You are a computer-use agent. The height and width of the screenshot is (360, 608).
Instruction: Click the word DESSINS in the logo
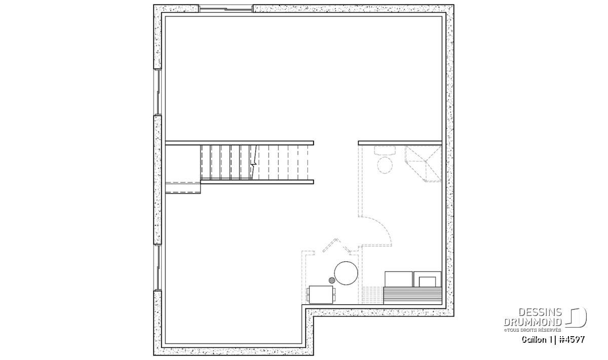(x=540, y=312)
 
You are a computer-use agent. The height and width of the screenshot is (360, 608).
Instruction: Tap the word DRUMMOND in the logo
(x=533, y=322)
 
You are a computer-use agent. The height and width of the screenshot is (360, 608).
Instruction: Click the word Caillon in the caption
(x=532, y=340)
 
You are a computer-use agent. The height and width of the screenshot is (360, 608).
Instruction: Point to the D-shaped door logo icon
(x=576, y=317)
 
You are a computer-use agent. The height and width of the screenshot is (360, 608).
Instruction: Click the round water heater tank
(x=346, y=273)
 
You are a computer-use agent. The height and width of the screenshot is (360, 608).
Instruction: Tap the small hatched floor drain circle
(x=332, y=280)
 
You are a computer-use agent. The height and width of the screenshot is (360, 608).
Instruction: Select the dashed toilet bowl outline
(x=385, y=165)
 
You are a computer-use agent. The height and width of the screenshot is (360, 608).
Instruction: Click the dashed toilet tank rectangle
(x=385, y=150)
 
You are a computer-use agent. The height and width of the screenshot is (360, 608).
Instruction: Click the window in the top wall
(x=226, y=9)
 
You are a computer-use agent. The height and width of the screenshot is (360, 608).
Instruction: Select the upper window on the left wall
(x=158, y=92)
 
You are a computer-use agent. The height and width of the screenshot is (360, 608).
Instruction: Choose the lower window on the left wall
(x=158, y=267)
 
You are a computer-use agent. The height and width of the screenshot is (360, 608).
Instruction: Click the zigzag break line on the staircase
(x=253, y=162)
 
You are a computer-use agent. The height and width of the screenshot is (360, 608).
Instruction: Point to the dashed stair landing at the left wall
(x=183, y=187)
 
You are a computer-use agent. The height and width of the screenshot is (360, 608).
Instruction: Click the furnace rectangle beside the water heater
(x=321, y=295)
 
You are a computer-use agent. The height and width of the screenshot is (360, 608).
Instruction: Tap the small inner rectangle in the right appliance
(x=428, y=282)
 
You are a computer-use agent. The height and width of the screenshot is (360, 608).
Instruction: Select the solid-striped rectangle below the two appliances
(x=413, y=296)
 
